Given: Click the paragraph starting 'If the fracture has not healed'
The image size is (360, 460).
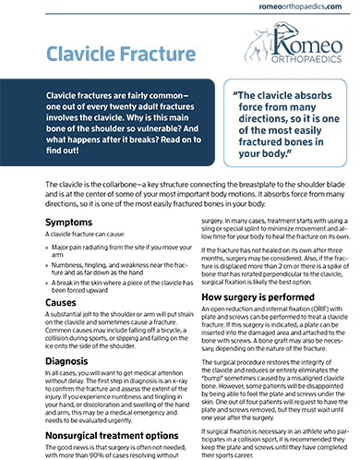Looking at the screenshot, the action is pyautogui.click(x=267, y=269).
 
